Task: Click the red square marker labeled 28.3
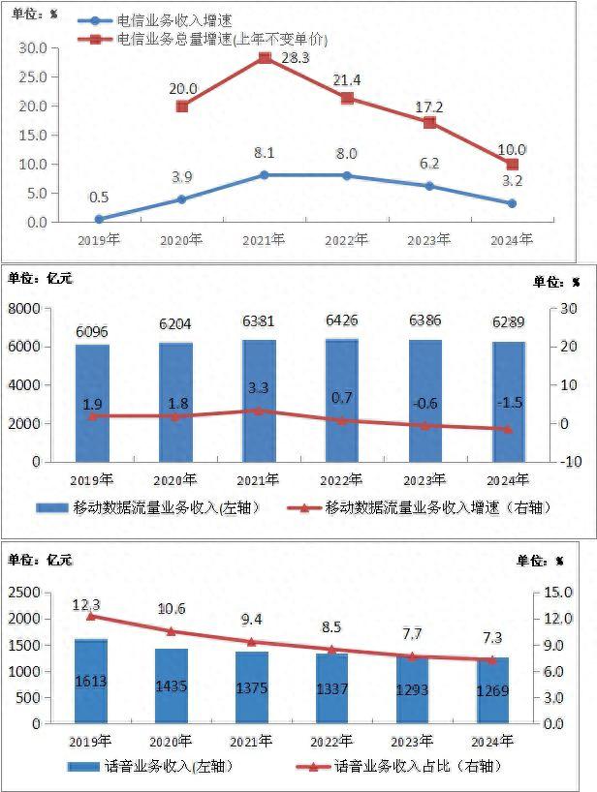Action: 265,58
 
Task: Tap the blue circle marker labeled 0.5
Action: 99,219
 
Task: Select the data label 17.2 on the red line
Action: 429,102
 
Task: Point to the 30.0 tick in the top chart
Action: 34,47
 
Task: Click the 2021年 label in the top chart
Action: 265,239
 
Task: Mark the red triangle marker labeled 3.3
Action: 259,411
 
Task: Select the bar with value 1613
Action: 91,681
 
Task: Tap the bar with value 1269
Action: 492,690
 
